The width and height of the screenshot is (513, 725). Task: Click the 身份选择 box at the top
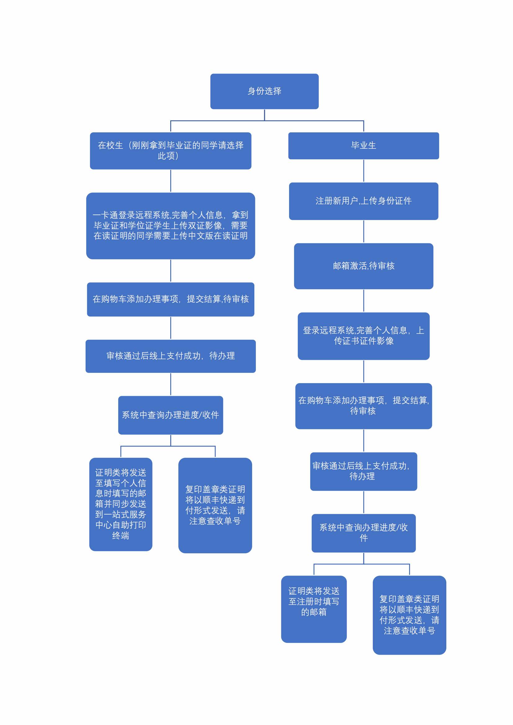pyautogui.click(x=264, y=91)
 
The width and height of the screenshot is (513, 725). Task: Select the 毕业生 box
pyautogui.click(x=364, y=146)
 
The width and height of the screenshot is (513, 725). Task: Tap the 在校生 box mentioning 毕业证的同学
pyautogui.click(x=171, y=151)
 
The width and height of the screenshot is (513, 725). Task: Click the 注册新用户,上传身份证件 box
pyautogui.click(x=364, y=201)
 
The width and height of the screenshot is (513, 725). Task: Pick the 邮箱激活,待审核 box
pyautogui.click(x=364, y=266)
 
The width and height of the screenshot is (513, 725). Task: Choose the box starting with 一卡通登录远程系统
pyautogui.click(x=171, y=226)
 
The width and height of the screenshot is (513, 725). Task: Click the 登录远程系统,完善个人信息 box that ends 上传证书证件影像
pyautogui.click(x=364, y=336)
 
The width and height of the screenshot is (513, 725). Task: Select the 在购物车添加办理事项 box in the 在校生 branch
pyautogui.click(x=171, y=299)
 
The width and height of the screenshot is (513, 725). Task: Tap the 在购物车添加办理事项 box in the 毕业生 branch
pyautogui.click(x=364, y=406)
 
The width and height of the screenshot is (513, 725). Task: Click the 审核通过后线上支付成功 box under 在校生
pyautogui.click(x=171, y=356)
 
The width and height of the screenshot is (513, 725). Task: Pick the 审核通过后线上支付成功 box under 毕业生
pyautogui.click(x=364, y=471)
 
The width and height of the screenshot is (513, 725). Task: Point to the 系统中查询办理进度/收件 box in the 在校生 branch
pyautogui.click(x=171, y=415)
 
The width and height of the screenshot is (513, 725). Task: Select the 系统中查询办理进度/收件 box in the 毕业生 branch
pyautogui.click(x=364, y=533)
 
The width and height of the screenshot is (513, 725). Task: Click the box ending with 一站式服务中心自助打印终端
pyautogui.click(x=121, y=504)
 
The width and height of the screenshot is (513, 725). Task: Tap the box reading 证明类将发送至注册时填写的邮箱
pyautogui.click(x=314, y=609)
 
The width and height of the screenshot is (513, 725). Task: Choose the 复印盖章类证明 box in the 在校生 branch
pyautogui.click(x=215, y=505)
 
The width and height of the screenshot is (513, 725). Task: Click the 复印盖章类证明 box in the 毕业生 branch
pyautogui.click(x=409, y=615)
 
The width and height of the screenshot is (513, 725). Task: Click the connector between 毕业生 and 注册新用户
pyautogui.click(x=364, y=171)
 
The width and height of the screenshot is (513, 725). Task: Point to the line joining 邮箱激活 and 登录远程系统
pyautogui.click(x=364, y=301)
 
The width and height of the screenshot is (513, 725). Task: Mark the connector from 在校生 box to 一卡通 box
pyautogui.click(x=171, y=181)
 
